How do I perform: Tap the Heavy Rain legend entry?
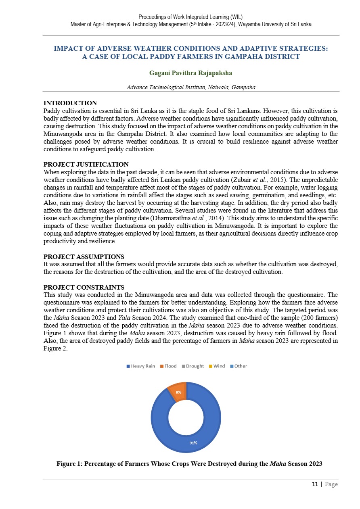[x=141, y=366]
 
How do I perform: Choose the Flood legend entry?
[x=168, y=366]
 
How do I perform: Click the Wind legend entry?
[x=217, y=366]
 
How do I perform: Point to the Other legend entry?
[x=239, y=366]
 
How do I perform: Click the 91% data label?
[x=193, y=443]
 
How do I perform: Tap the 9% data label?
[x=178, y=392]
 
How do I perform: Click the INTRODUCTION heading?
[x=70, y=103]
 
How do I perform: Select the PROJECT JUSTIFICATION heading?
[x=86, y=165]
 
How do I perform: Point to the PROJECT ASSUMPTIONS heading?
[x=84, y=257]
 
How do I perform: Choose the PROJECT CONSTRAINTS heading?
[x=84, y=288]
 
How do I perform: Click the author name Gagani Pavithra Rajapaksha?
[x=190, y=73]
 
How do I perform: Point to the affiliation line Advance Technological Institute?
[x=190, y=87]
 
